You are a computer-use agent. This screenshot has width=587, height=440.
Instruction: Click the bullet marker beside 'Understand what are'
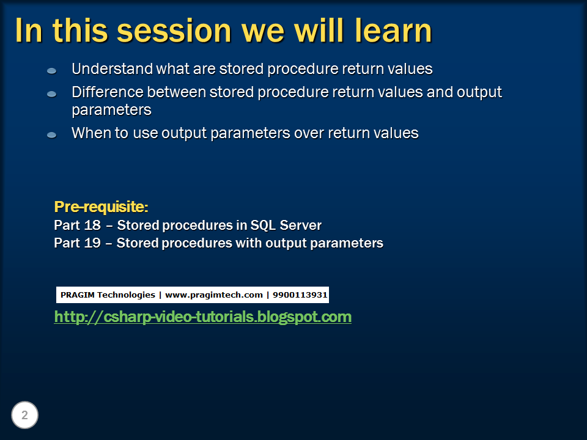52,71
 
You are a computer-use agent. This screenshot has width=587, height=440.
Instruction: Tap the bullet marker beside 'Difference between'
52,94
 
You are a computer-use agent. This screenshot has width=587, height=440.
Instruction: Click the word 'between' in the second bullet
176,93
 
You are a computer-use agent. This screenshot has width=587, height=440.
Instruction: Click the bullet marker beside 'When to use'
52,134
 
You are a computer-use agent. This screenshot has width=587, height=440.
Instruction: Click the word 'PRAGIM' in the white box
77,295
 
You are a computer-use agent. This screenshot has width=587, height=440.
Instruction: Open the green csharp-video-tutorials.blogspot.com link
202,317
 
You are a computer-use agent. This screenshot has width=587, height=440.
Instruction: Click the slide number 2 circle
25,416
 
